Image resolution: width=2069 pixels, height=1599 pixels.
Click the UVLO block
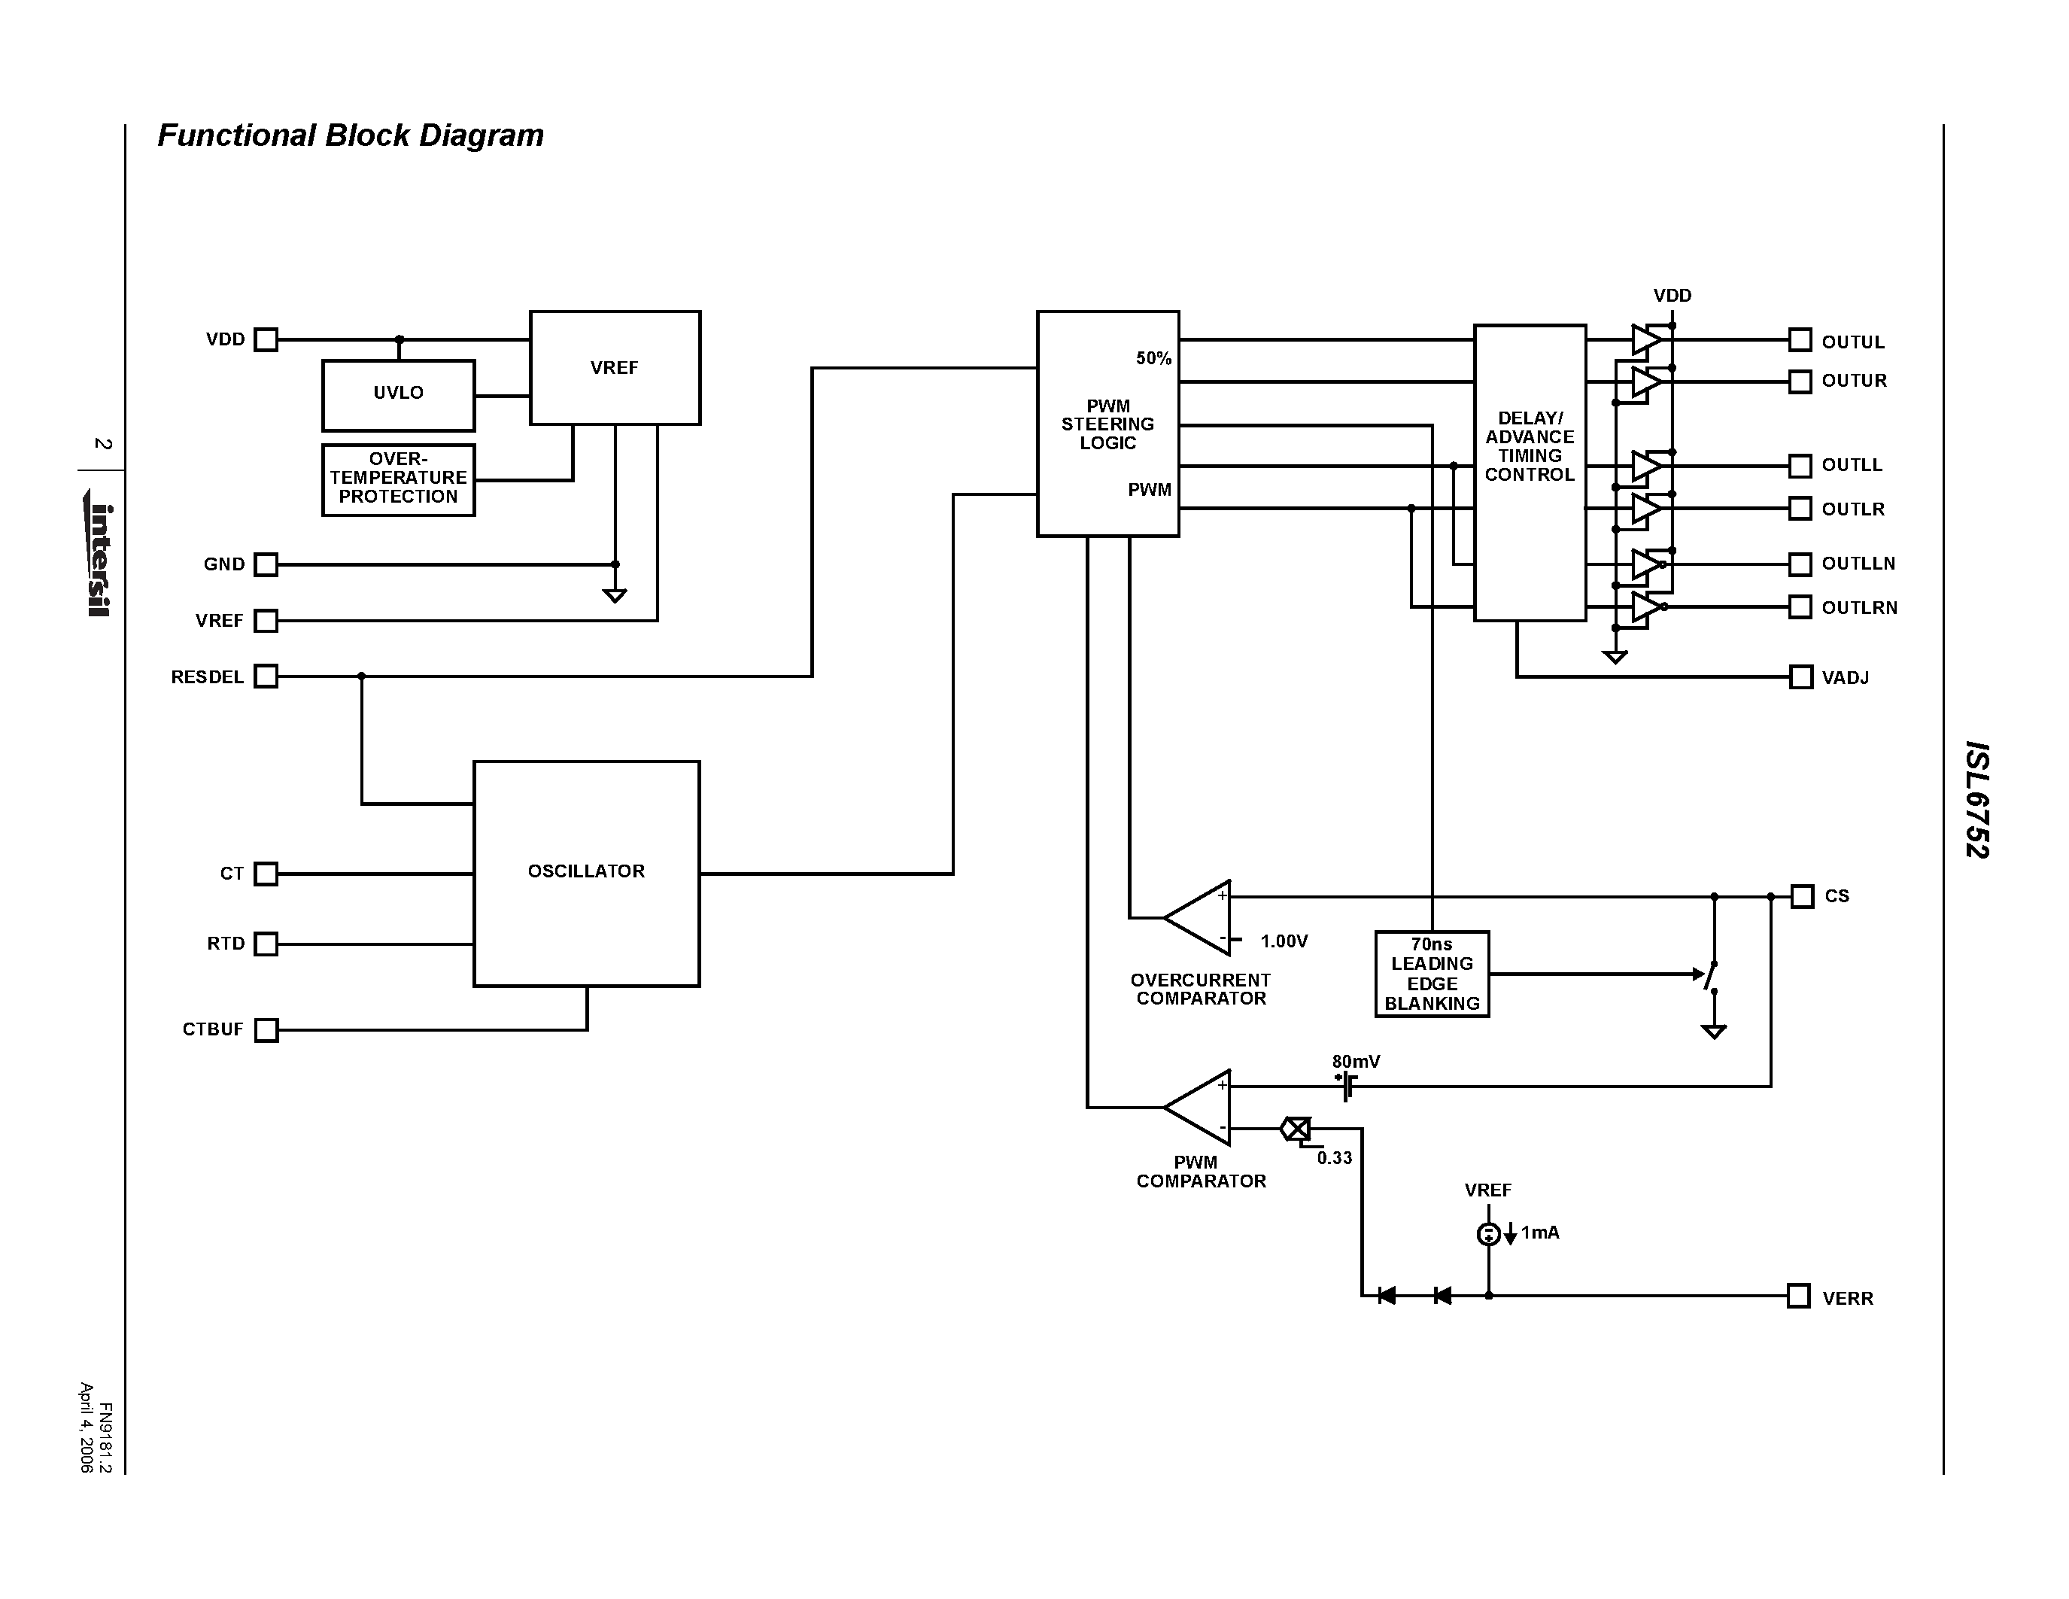pyautogui.click(x=398, y=395)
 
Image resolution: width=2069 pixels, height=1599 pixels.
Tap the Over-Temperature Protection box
pyautogui.click(x=398, y=479)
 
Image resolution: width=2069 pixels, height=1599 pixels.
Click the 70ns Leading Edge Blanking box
pyautogui.click(x=1432, y=974)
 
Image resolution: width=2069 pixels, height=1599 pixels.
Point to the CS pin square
pyautogui.click(x=1802, y=896)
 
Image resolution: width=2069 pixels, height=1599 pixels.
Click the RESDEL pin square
pyautogui.click(x=267, y=676)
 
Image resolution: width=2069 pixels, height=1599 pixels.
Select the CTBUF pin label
pyautogui.click(x=213, y=1029)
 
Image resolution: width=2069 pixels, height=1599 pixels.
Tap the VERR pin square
pyautogui.click(x=1799, y=1296)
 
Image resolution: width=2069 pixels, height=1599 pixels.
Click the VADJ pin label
pyautogui.click(x=1846, y=678)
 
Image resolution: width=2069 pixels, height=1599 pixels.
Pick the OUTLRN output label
pyautogui.click(x=1858, y=608)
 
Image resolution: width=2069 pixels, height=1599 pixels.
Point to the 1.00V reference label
pyautogui.click(x=1284, y=941)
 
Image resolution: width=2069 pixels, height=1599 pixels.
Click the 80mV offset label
pyautogui.click(x=1356, y=1062)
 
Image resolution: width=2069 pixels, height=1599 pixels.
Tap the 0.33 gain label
pyautogui.click(x=1334, y=1157)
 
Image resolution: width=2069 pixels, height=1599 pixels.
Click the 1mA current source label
pyautogui.click(x=1539, y=1233)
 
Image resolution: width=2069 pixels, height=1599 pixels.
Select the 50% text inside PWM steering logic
pyautogui.click(x=1154, y=358)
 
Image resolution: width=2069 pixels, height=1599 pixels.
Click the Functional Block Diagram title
pyautogui.click(x=351, y=135)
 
